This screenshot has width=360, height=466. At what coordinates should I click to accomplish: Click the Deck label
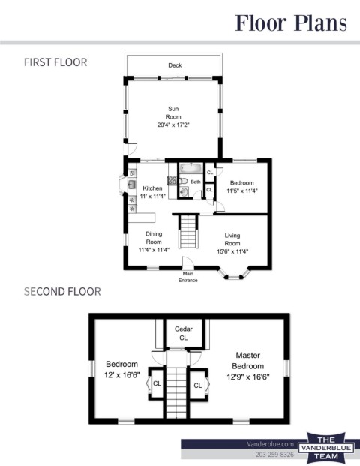tap(175, 65)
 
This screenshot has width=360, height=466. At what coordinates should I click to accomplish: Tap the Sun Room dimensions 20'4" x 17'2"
tap(173, 125)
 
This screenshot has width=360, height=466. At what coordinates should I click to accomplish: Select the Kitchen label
tap(152, 188)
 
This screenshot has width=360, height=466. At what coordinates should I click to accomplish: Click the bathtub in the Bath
tap(191, 168)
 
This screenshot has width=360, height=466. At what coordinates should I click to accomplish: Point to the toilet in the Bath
tap(183, 181)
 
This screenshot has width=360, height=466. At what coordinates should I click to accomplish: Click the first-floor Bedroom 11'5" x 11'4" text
tap(242, 187)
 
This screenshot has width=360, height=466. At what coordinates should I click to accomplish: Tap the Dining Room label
tap(154, 238)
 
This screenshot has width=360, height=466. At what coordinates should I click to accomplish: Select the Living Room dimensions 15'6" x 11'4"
tap(232, 251)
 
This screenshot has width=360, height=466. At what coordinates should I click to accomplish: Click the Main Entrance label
tap(188, 277)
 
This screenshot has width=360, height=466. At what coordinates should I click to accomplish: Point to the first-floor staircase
tap(188, 231)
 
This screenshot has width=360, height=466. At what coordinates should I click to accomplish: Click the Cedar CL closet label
tap(184, 333)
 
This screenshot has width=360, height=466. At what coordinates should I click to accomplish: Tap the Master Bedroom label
tap(248, 360)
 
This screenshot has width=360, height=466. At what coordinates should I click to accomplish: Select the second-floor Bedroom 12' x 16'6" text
tap(121, 369)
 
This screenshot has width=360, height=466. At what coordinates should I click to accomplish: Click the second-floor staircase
tap(176, 384)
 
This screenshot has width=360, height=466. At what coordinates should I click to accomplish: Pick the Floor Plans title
tap(291, 23)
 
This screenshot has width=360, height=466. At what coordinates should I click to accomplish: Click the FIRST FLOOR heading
tap(55, 62)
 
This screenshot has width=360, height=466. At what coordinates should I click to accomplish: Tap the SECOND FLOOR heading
tap(62, 292)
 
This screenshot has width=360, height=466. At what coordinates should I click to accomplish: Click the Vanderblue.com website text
tap(270, 444)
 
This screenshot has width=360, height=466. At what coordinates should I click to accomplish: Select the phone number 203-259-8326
tap(274, 455)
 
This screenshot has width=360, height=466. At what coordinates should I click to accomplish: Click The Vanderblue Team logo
tap(326, 448)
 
